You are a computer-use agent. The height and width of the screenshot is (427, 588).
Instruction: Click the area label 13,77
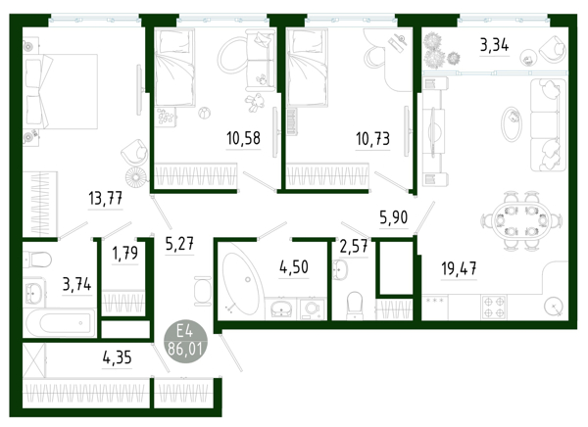[106, 198]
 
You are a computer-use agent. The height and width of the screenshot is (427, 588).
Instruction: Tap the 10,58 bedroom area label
[243, 138]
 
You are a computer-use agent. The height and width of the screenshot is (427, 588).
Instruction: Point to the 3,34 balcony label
[494, 45]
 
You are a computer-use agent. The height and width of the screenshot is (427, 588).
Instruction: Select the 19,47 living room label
[459, 268]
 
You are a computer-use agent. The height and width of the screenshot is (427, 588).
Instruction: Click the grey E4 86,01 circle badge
[185, 341]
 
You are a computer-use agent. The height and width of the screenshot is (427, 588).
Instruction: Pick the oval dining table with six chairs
[521, 220]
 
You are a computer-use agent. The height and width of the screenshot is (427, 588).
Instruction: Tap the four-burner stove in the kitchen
[494, 308]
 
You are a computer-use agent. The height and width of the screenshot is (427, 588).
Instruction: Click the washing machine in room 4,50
[312, 308]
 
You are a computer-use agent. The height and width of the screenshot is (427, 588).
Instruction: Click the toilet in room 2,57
[355, 306]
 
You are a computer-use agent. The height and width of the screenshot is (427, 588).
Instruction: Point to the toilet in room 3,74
[37, 260]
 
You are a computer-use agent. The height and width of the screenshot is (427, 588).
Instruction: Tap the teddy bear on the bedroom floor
[254, 102]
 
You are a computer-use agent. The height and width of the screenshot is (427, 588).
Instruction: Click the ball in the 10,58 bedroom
[204, 112]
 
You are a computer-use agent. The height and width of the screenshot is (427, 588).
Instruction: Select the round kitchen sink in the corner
[554, 307]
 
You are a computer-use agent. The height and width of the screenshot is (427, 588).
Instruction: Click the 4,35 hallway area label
[117, 357]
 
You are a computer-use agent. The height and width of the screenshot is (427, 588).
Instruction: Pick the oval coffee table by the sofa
[512, 124]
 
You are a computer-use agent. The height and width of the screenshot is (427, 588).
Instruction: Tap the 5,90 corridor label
[393, 217]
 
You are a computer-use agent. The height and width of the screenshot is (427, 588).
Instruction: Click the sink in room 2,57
[340, 269]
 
